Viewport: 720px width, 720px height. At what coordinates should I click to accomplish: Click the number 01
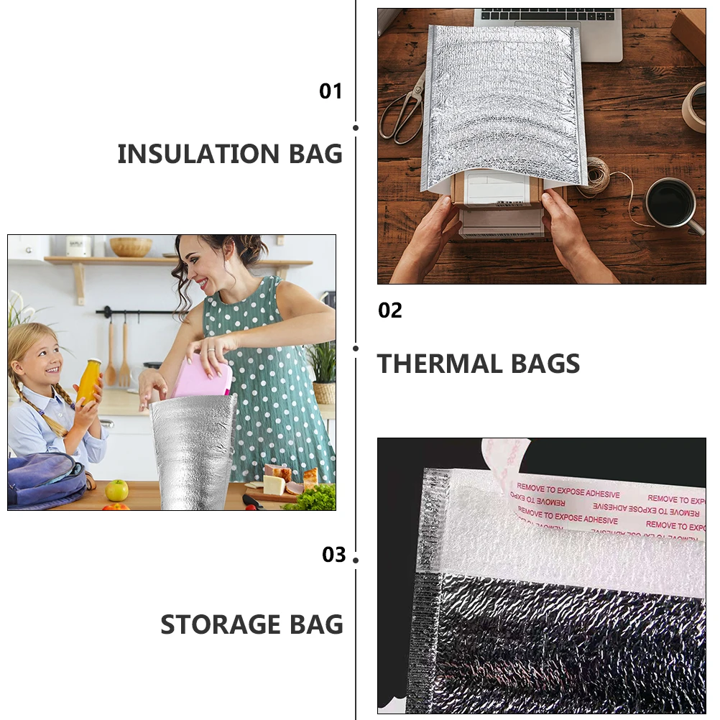coord(331,91)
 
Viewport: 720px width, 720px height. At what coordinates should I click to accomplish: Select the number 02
coord(390,310)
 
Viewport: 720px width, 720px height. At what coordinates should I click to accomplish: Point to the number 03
coord(334,555)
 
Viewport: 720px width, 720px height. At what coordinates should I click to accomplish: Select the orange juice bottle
coord(88,382)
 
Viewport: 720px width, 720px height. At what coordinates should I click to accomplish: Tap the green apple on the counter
coord(116,490)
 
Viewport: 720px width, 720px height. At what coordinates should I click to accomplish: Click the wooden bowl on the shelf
coord(131,246)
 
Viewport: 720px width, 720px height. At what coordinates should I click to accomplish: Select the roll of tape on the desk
coord(695,107)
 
